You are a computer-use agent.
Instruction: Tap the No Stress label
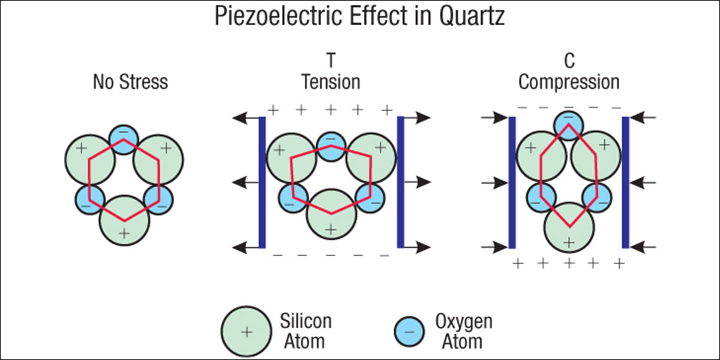pos(130,82)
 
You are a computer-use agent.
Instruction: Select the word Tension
pos(330,82)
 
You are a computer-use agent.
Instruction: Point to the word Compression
pos(568,82)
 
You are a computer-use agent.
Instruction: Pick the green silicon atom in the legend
pos(245,331)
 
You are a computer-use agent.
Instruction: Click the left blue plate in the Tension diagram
pos(262,182)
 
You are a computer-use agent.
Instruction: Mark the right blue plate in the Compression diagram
pos(625,182)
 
